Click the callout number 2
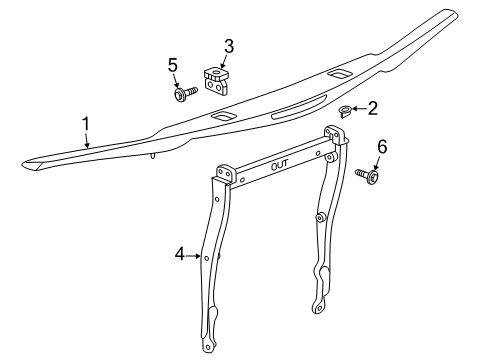373,107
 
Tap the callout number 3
228,45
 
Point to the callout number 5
173,66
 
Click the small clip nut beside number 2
346,109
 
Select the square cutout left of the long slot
222,118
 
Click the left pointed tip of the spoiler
25,161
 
